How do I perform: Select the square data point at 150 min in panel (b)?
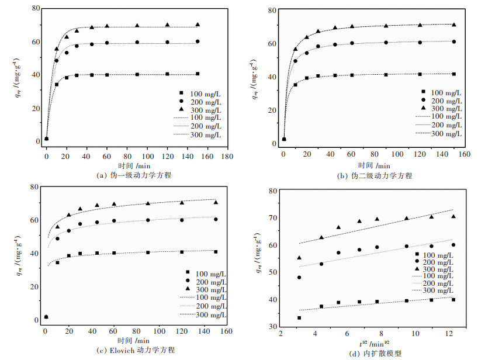454,74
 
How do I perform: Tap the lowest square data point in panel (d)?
299,318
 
